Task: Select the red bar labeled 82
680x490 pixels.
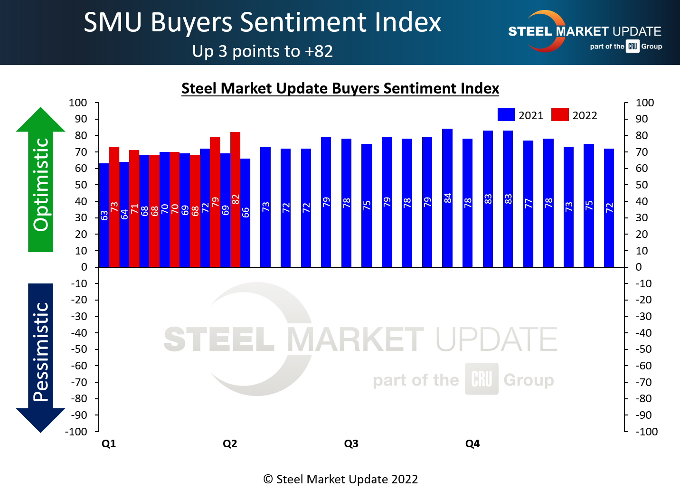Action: coord(235,199)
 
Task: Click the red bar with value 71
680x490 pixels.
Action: coord(134,208)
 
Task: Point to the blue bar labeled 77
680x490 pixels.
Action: coord(528,204)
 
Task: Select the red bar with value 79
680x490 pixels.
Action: coord(215,202)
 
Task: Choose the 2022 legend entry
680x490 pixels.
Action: coord(574,115)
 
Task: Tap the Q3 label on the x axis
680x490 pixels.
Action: coord(351,443)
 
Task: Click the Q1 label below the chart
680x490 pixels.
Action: coord(109,443)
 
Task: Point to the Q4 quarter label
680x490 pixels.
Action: coord(472,443)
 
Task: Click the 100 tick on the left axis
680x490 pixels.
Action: coord(78,103)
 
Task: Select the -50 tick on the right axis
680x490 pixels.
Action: coord(644,349)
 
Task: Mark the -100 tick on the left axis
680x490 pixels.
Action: coord(76,432)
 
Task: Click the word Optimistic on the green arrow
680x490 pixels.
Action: coord(41,184)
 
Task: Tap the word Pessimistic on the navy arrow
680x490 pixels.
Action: coord(41,351)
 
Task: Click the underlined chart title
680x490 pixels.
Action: coord(340,88)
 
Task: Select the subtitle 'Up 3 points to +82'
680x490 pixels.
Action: coord(262,51)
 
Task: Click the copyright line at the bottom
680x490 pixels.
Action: coord(340,479)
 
